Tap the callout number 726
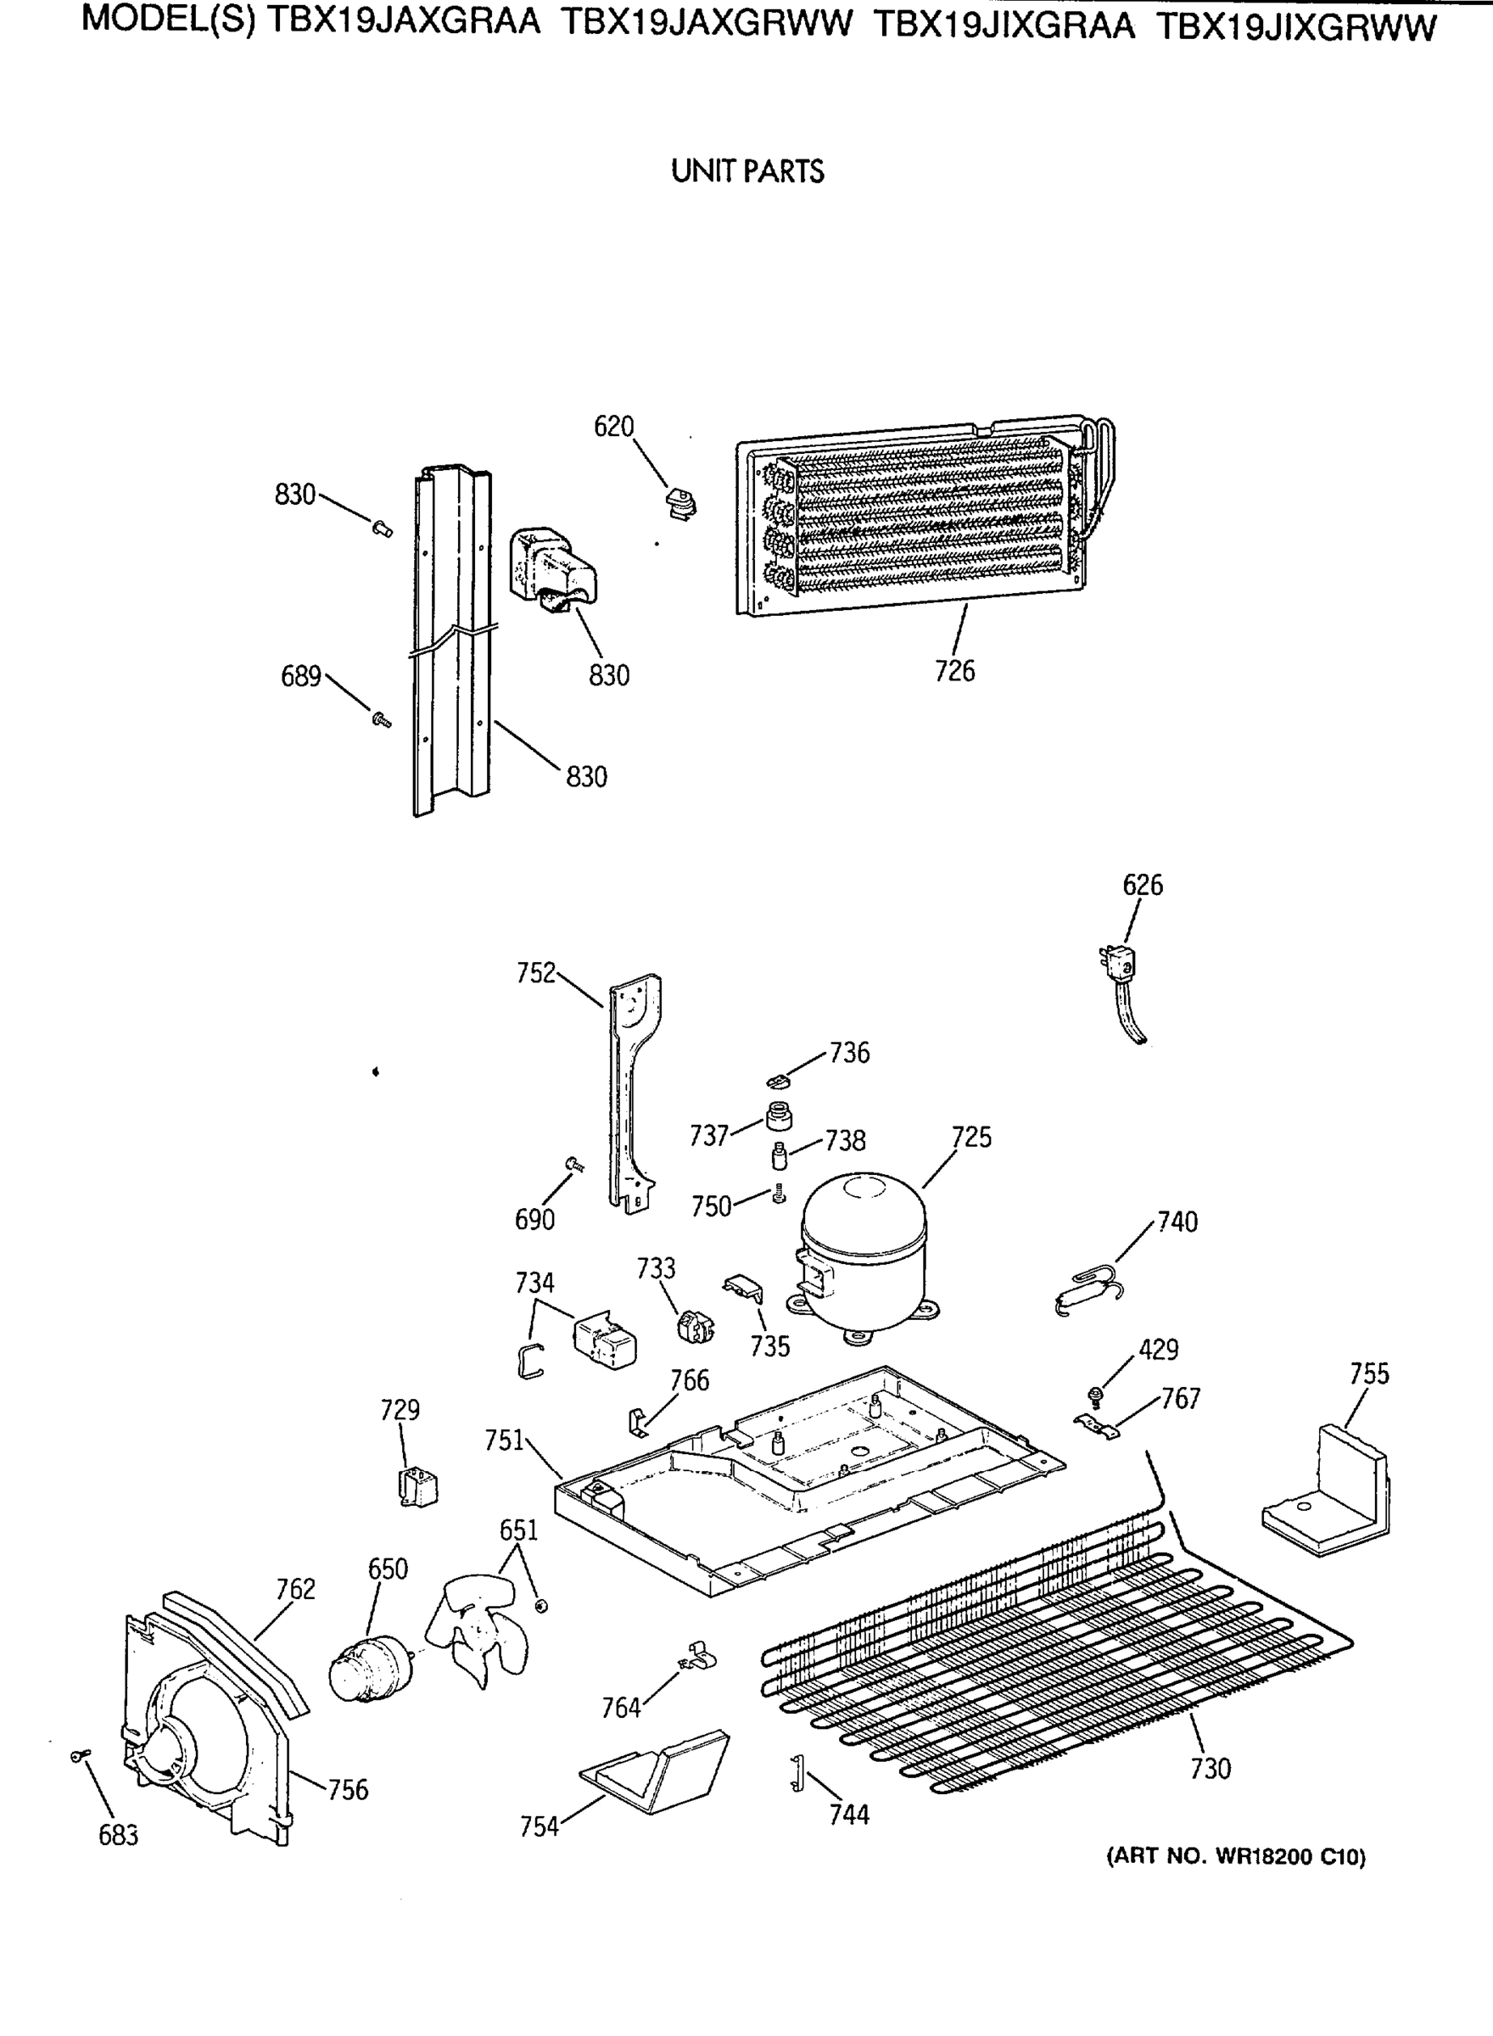tap(955, 670)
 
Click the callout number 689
tap(301, 676)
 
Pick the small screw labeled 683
tap(79, 1755)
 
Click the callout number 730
tap(1211, 1768)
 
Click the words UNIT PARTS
tap(747, 171)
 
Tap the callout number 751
tap(504, 1440)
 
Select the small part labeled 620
tap(680, 502)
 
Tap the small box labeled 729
tap(417, 1486)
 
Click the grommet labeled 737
tap(779, 1116)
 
